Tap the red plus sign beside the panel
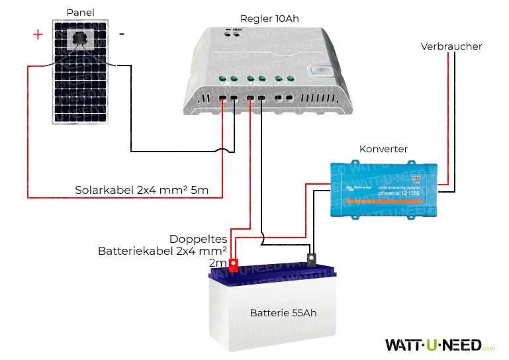38,34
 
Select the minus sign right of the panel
121,33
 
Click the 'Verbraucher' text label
451,46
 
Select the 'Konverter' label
383,149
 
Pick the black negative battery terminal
311,260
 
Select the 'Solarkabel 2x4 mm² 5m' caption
142,191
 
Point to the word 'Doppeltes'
199,239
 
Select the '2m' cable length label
217,263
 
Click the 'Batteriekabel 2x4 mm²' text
163,251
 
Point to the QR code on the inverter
416,179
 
